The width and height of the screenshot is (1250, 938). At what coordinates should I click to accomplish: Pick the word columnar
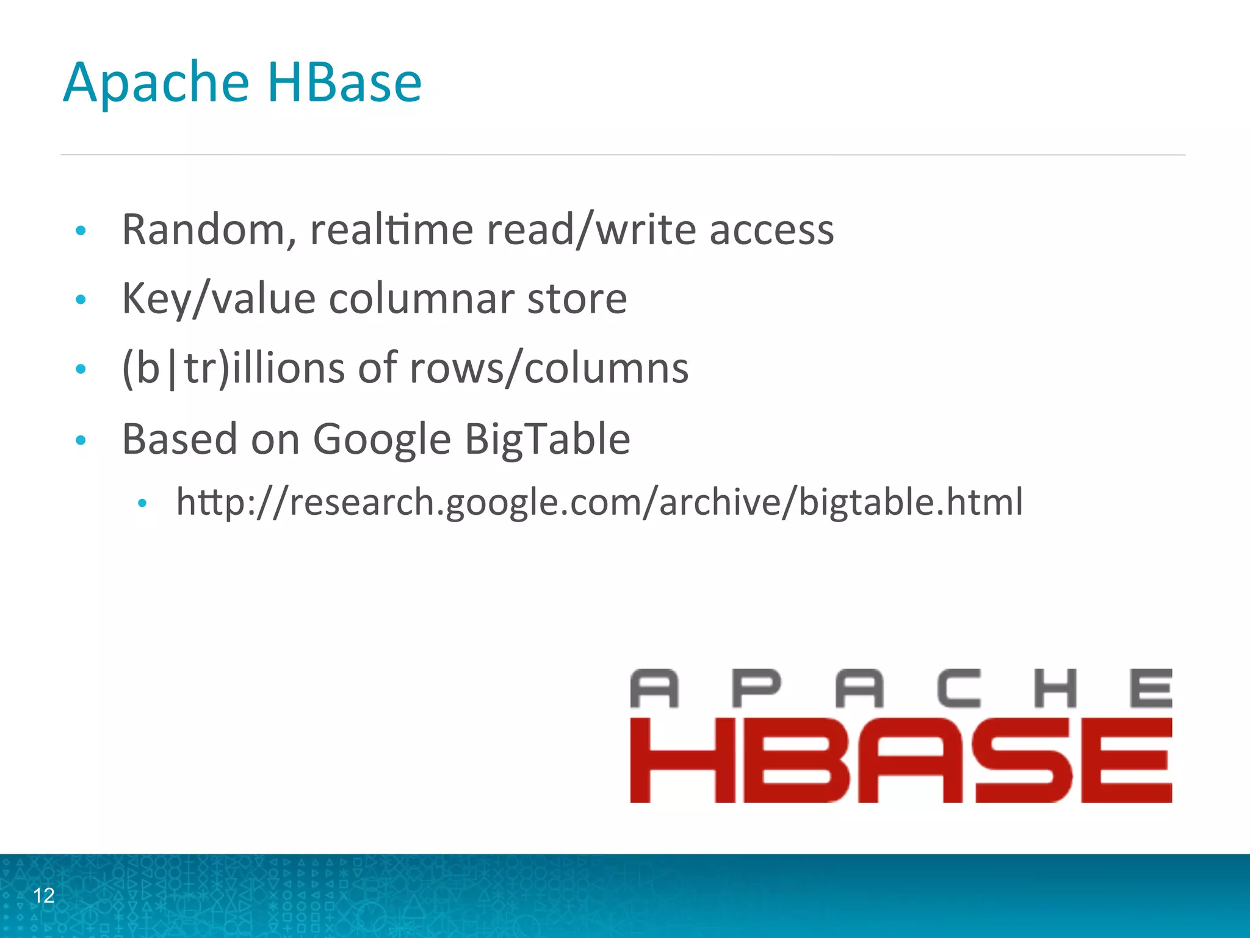click(421, 299)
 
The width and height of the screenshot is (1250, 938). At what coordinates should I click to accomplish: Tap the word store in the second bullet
click(577, 299)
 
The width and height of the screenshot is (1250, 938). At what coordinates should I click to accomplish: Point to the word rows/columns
click(549, 368)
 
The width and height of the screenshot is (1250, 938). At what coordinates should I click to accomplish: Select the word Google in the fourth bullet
click(381, 440)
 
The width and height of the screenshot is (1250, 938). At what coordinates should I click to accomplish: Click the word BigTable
click(547, 439)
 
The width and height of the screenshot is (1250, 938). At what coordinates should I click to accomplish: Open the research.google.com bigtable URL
click(599, 503)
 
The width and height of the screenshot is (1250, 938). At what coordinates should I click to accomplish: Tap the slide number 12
click(44, 895)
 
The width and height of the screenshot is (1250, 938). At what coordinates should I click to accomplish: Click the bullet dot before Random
click(81, 231)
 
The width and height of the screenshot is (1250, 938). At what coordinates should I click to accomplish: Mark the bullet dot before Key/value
click(81, 300)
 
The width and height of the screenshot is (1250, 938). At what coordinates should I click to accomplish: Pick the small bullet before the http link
click(142, 503)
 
